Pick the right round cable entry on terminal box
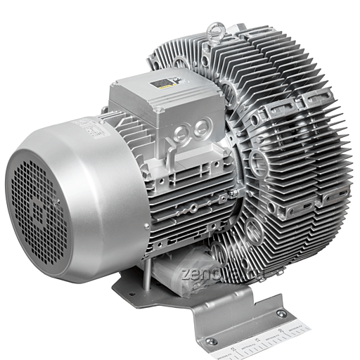click(202, 127)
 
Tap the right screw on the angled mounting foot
click(281, 314)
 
